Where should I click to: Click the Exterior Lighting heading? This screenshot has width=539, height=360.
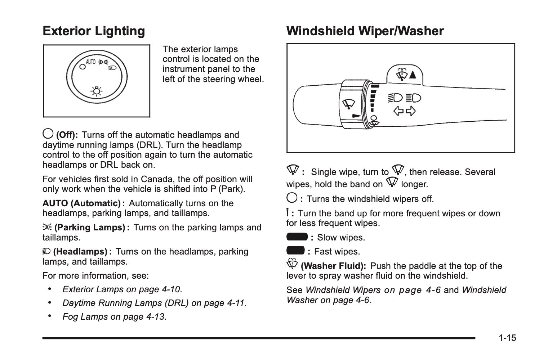pyautogui.click(x=94, y=31)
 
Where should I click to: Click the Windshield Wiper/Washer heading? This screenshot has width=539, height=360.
pyautogui.click(x=365, y=31)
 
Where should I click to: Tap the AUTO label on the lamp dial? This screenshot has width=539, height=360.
pyautogui.click(x=90, y=62)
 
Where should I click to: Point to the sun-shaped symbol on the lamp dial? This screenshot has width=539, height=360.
pyautogui.click(x=96, y=92)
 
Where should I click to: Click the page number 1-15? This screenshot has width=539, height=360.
pyautogui.click(x=507, y=338)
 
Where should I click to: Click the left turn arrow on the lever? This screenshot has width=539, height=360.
pyautogui.click(x=398, y=111)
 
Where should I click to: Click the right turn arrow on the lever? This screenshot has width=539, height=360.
pyautogui.click(x=411, y=111)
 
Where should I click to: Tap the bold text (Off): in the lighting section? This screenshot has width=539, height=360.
pyautogui.click(x=67, y=135)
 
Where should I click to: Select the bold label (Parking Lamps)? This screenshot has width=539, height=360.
pyautogui.click(x=90, y=228)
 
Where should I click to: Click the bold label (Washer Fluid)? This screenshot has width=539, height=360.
pyautogui.click(x=333, y=266)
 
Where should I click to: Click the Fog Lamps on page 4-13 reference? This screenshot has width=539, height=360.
pyautogui.click(x=114, y=317)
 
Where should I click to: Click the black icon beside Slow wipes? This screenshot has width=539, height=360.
pyautogui.click(x=297, y=237)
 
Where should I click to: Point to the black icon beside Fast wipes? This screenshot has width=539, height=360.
pyautogui.click(x=295, y=251)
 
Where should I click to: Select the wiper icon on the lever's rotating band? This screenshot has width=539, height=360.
pyautogui.click(x=348, y=104)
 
